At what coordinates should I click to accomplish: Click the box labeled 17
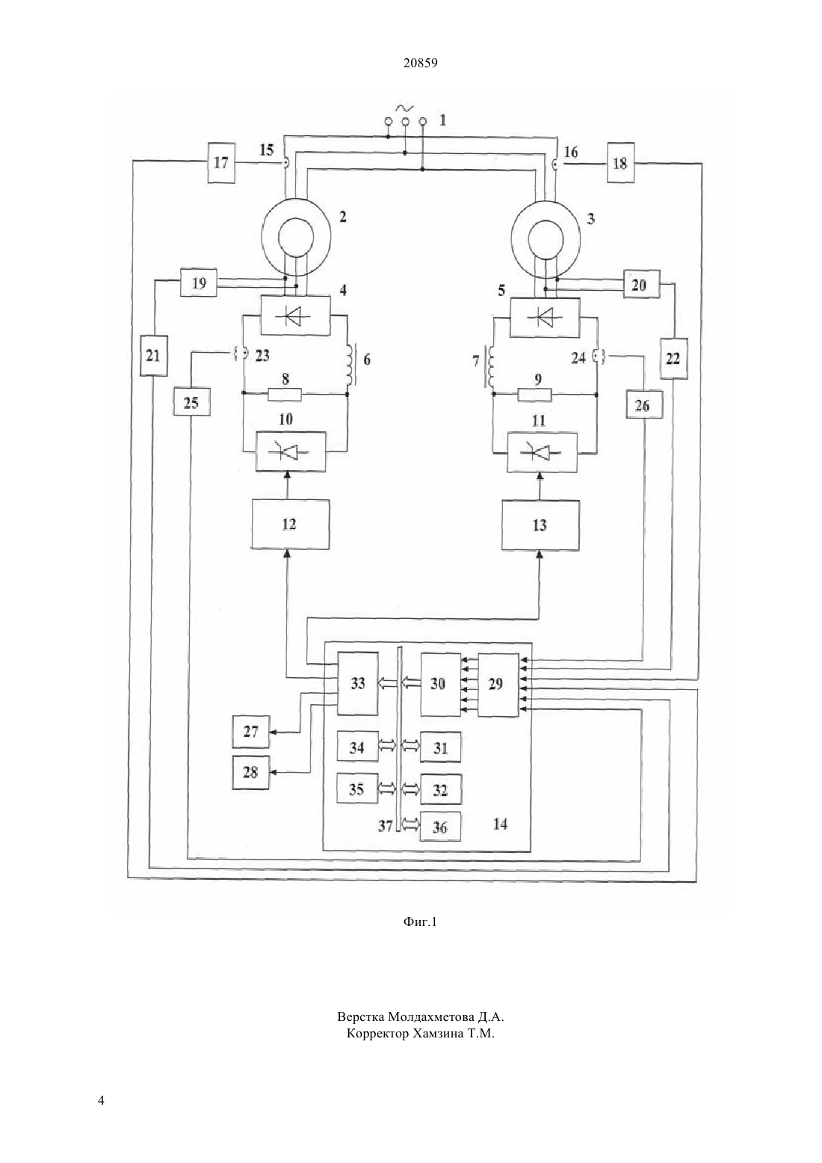click(x=221, y=162)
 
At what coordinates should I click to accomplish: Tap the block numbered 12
click(x=291, y=524)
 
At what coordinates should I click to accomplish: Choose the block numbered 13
click(x=540, y=525)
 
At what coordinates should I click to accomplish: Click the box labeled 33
click(x=357, y=683)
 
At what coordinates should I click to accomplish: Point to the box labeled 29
click(x=498, y=685)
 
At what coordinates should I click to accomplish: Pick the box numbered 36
click(x=441, y=827)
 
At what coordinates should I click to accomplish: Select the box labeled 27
click(x=250, y=732)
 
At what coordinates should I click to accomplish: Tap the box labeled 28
click(x=250, y=773)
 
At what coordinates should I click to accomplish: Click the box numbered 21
click(x=154, y=356)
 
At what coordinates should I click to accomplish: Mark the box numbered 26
click(x=643, y=404)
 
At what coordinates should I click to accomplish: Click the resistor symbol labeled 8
click(x=285, y=395)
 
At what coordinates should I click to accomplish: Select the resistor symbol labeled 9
click(x=535, y=395)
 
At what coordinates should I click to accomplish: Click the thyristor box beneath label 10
click(x=291, y=451)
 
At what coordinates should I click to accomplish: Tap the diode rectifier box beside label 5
click(x=546, y=317)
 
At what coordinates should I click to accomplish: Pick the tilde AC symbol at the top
click(x=404, y=108)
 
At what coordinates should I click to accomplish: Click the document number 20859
click(x=420, y=64)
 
